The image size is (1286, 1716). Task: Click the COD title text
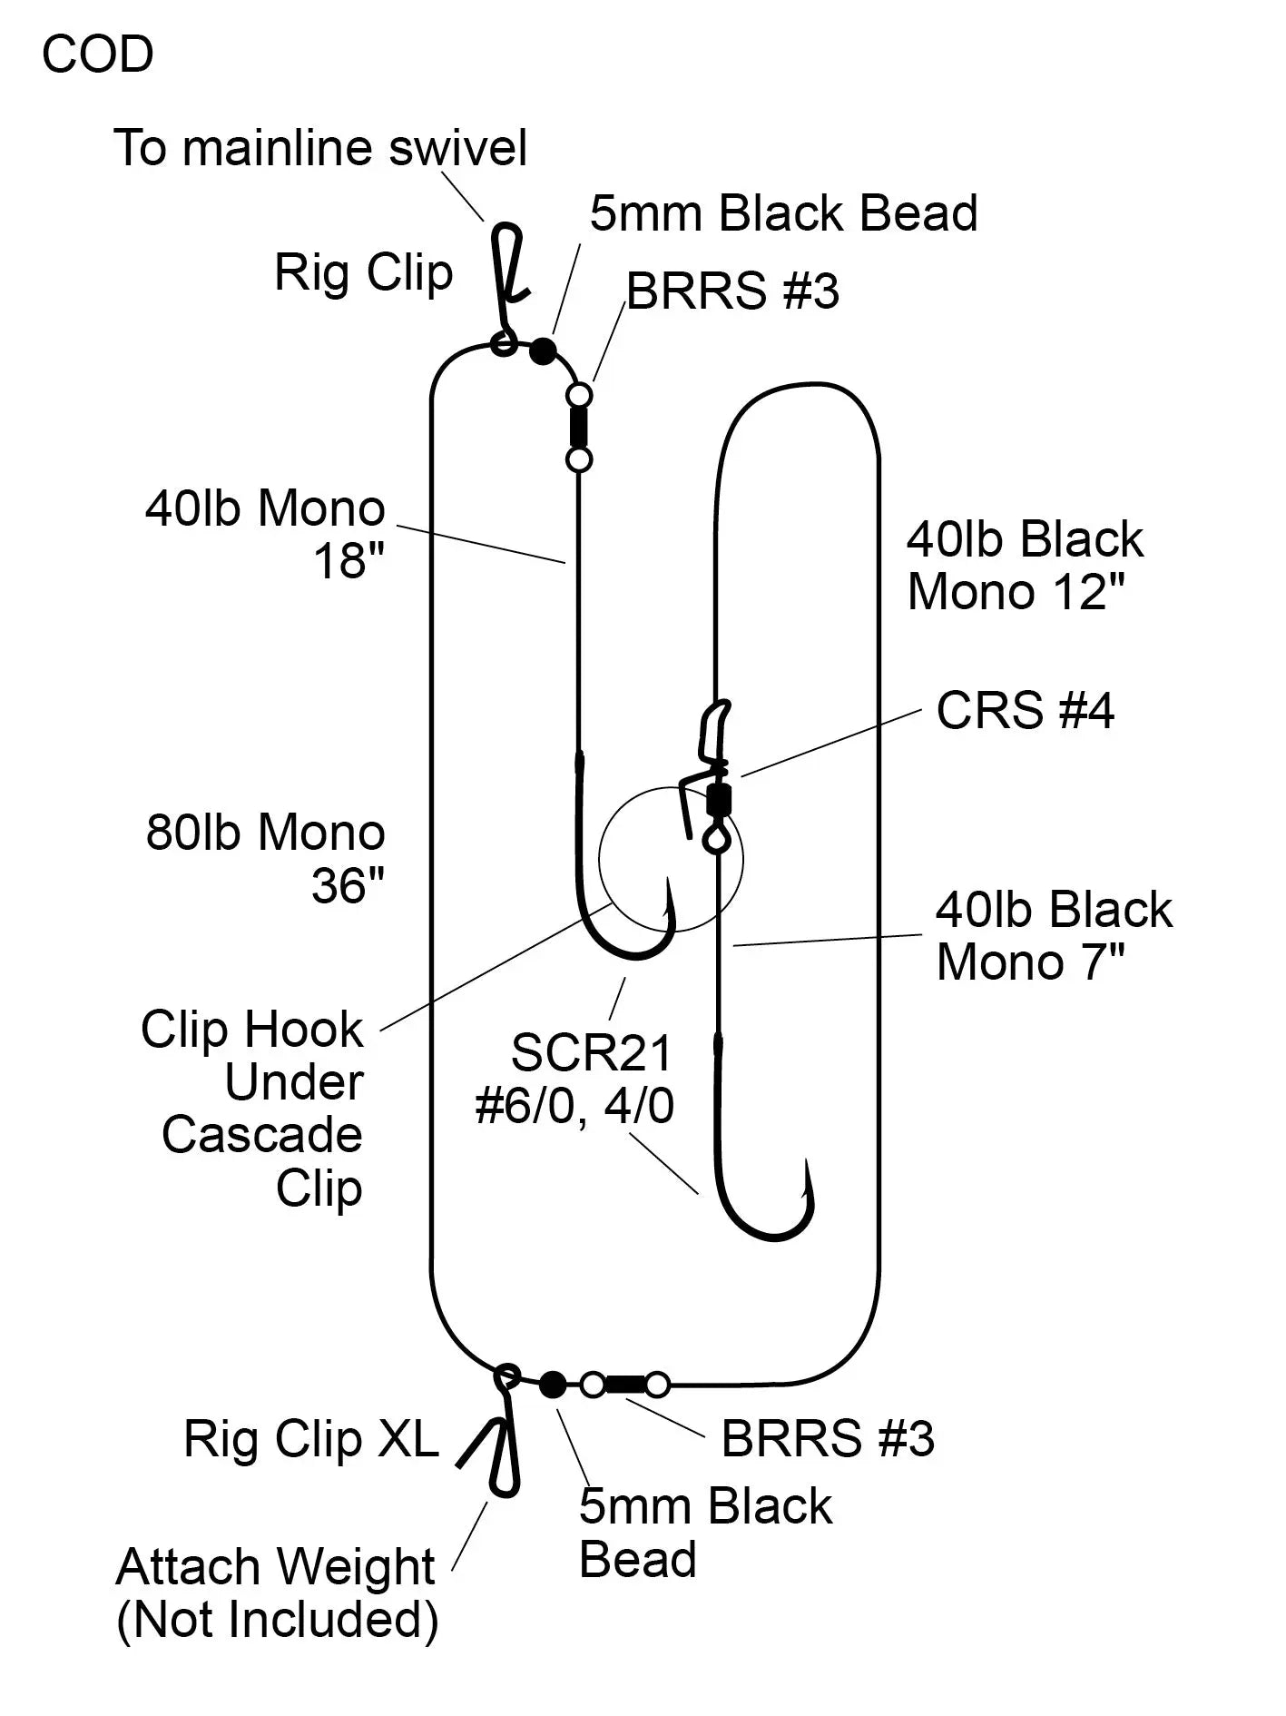coord(97,55)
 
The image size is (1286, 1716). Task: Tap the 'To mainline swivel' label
coord(319,148)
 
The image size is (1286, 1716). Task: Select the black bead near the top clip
coord(543,350)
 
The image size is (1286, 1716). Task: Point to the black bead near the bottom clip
coord(552,1385)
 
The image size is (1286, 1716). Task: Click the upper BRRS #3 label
coord(731,291)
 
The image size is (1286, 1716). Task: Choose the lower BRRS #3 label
coord(827,1438)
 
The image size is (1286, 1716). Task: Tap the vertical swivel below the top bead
coord(578,427)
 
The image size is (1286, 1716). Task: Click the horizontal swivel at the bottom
coord(624,1385)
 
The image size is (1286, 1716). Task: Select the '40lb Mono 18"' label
coord(265,534)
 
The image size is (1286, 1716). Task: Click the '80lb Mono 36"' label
coord(265,857)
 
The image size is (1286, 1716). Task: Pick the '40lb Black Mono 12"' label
coord(1024,565)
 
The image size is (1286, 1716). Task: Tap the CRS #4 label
coord(1025,710)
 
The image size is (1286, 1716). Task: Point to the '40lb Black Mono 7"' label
coord(1053,935)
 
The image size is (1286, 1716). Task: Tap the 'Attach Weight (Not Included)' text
coord(277,1593)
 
